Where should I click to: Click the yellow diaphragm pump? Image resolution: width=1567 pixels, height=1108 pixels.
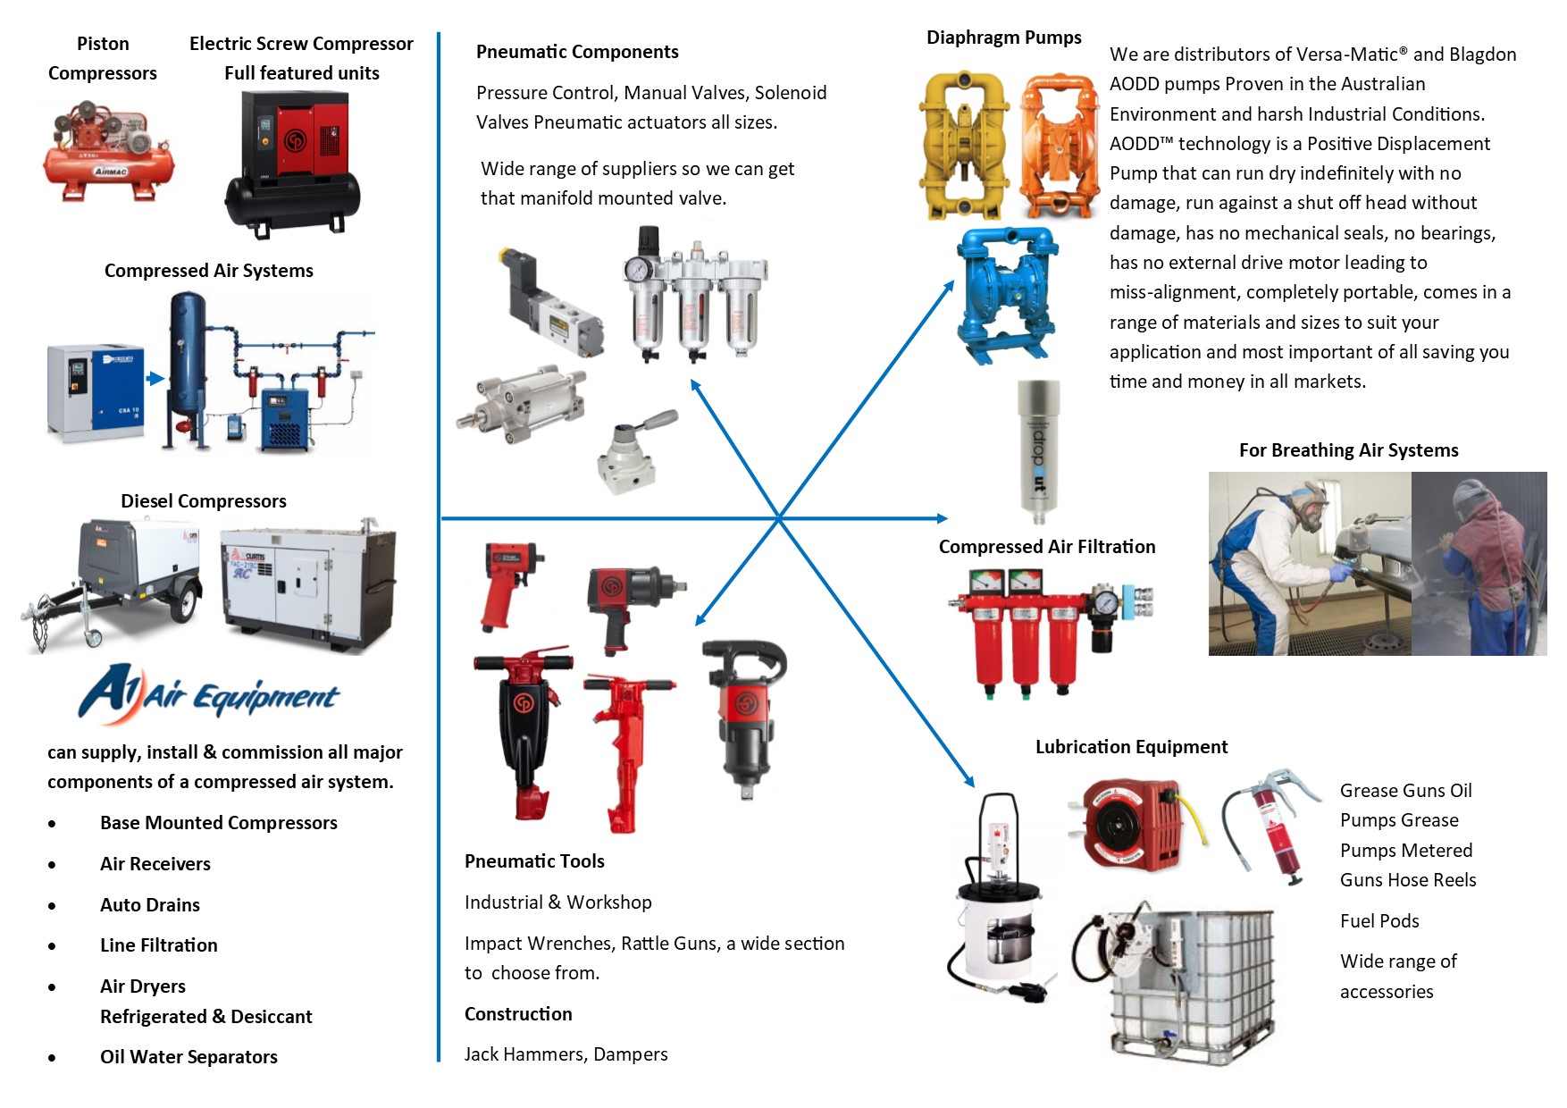(x=964, y=146)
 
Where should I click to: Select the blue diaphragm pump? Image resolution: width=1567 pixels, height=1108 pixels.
(x=1007, y=295)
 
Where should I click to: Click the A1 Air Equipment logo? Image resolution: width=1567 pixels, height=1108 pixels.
(x=209, y=693)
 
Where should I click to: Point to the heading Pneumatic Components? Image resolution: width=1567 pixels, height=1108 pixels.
(x=577, y=52)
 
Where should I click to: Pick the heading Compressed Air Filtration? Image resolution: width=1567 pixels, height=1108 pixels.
(x=1047, y=547)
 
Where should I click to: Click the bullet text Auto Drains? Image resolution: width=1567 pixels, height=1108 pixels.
(x=150, y=905)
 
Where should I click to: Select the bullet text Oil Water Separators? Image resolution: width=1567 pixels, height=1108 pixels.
(x=189, y=1057)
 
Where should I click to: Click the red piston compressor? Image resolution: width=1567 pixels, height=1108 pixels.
(x=109, y=152)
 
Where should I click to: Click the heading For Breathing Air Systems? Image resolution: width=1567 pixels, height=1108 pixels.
(x=1348, y=450)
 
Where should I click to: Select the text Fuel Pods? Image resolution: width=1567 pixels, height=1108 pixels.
(x=1379, y=921)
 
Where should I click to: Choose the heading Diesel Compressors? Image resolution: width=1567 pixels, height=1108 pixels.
(x=204, y=501)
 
